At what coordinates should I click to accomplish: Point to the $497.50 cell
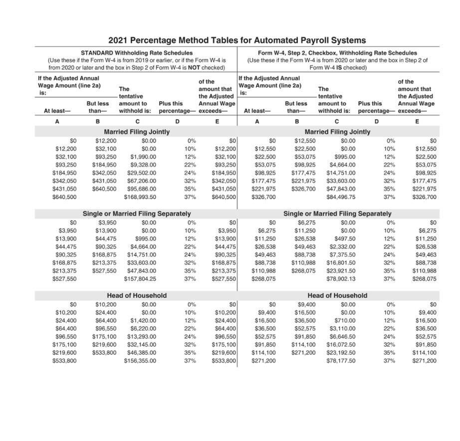[345, 238]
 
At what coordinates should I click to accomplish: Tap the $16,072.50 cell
[341, 344]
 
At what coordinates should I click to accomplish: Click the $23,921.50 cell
[341, 271]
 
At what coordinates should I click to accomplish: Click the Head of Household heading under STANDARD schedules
[137, 295]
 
